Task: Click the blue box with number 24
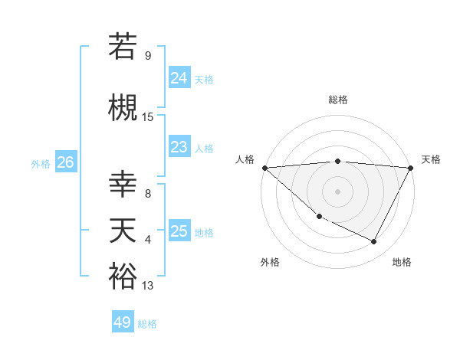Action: coord(179,78)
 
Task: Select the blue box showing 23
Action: coord(179,147)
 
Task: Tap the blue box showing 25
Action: coord(179,231)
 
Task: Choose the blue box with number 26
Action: coord(65,162)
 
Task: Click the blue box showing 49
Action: coord(123,322)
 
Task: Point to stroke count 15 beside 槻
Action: coord(148,117)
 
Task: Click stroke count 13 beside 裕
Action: coord(148,286)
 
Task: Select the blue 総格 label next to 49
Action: coord(148,324)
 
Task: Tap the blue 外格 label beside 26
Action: coord(41,163)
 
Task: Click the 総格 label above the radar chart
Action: coord(337,100)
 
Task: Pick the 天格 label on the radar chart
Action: coord(432,159)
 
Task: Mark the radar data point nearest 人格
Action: coord(264,167)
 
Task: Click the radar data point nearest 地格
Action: coord(374,241)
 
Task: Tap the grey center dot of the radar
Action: coord(337,191)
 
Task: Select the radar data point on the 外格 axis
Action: coord(319,216)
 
